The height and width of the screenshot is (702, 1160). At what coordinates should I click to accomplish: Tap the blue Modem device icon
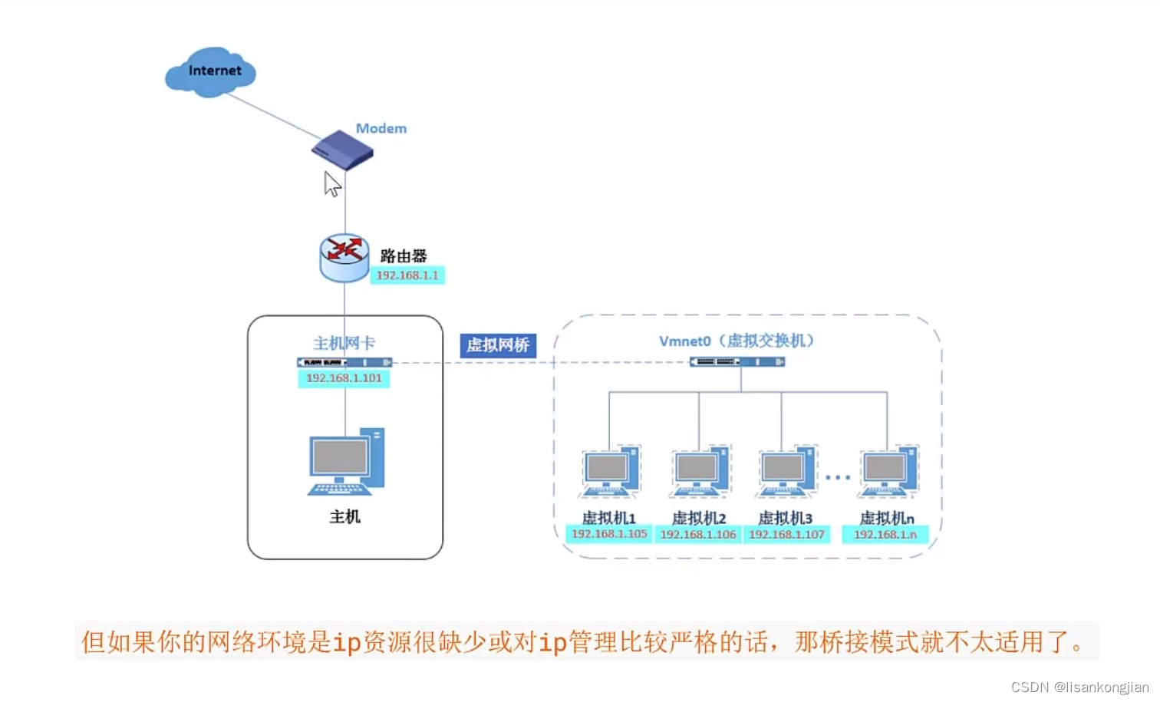pyautogui.click(x=342, y=150)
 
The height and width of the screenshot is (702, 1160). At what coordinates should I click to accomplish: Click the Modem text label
pyautogui.click(x=381, y=128)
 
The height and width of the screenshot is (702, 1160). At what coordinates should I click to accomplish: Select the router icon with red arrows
pyautogui.click(x=344, y=257)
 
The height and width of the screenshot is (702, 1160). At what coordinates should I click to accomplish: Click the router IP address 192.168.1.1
pyautogui.click(x=407, y=275)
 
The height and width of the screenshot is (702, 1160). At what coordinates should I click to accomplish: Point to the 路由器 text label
pyautogui.click(x=404, y=255)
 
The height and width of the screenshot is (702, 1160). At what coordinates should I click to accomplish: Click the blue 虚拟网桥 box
pyautogui.click(x=498, y=345)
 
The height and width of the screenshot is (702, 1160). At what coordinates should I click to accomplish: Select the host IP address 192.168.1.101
pyautogui.click(x=344, y=378)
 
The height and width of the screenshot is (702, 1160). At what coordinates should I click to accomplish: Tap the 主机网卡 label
pyautogui.click(x=344, y=343)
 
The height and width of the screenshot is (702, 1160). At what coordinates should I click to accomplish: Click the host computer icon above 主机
pyautogui.click(x=346, y=462)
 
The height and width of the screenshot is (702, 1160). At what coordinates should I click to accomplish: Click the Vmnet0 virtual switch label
pyautogui.click(x=736, y=341)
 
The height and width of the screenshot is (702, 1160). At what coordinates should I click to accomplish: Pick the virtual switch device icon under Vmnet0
pyautogui.click(x=737, y=362)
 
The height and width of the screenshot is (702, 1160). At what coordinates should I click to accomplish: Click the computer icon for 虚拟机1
pyautogui.click(x=610, y=471)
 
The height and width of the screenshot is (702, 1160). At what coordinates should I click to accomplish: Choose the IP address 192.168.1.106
pyautogui.click(x=698, y=535)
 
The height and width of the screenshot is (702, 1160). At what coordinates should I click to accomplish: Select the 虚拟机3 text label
pyautogui.click(x=785, y=518)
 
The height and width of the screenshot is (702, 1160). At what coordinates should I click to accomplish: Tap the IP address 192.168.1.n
pyautogui.click(x=885, y=535)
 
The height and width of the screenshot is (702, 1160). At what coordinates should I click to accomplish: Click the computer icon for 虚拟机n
pyautogui.click(x=888, y=471)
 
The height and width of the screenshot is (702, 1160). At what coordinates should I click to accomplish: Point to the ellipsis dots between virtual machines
pyautogui.click(x=838, y=477)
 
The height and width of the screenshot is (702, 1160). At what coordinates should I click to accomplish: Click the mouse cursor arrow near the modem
pyautogui.click(x=331, y=184)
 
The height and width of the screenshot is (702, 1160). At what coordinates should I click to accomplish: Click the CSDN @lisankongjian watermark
pyautogui.click(x=1079, y=687)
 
